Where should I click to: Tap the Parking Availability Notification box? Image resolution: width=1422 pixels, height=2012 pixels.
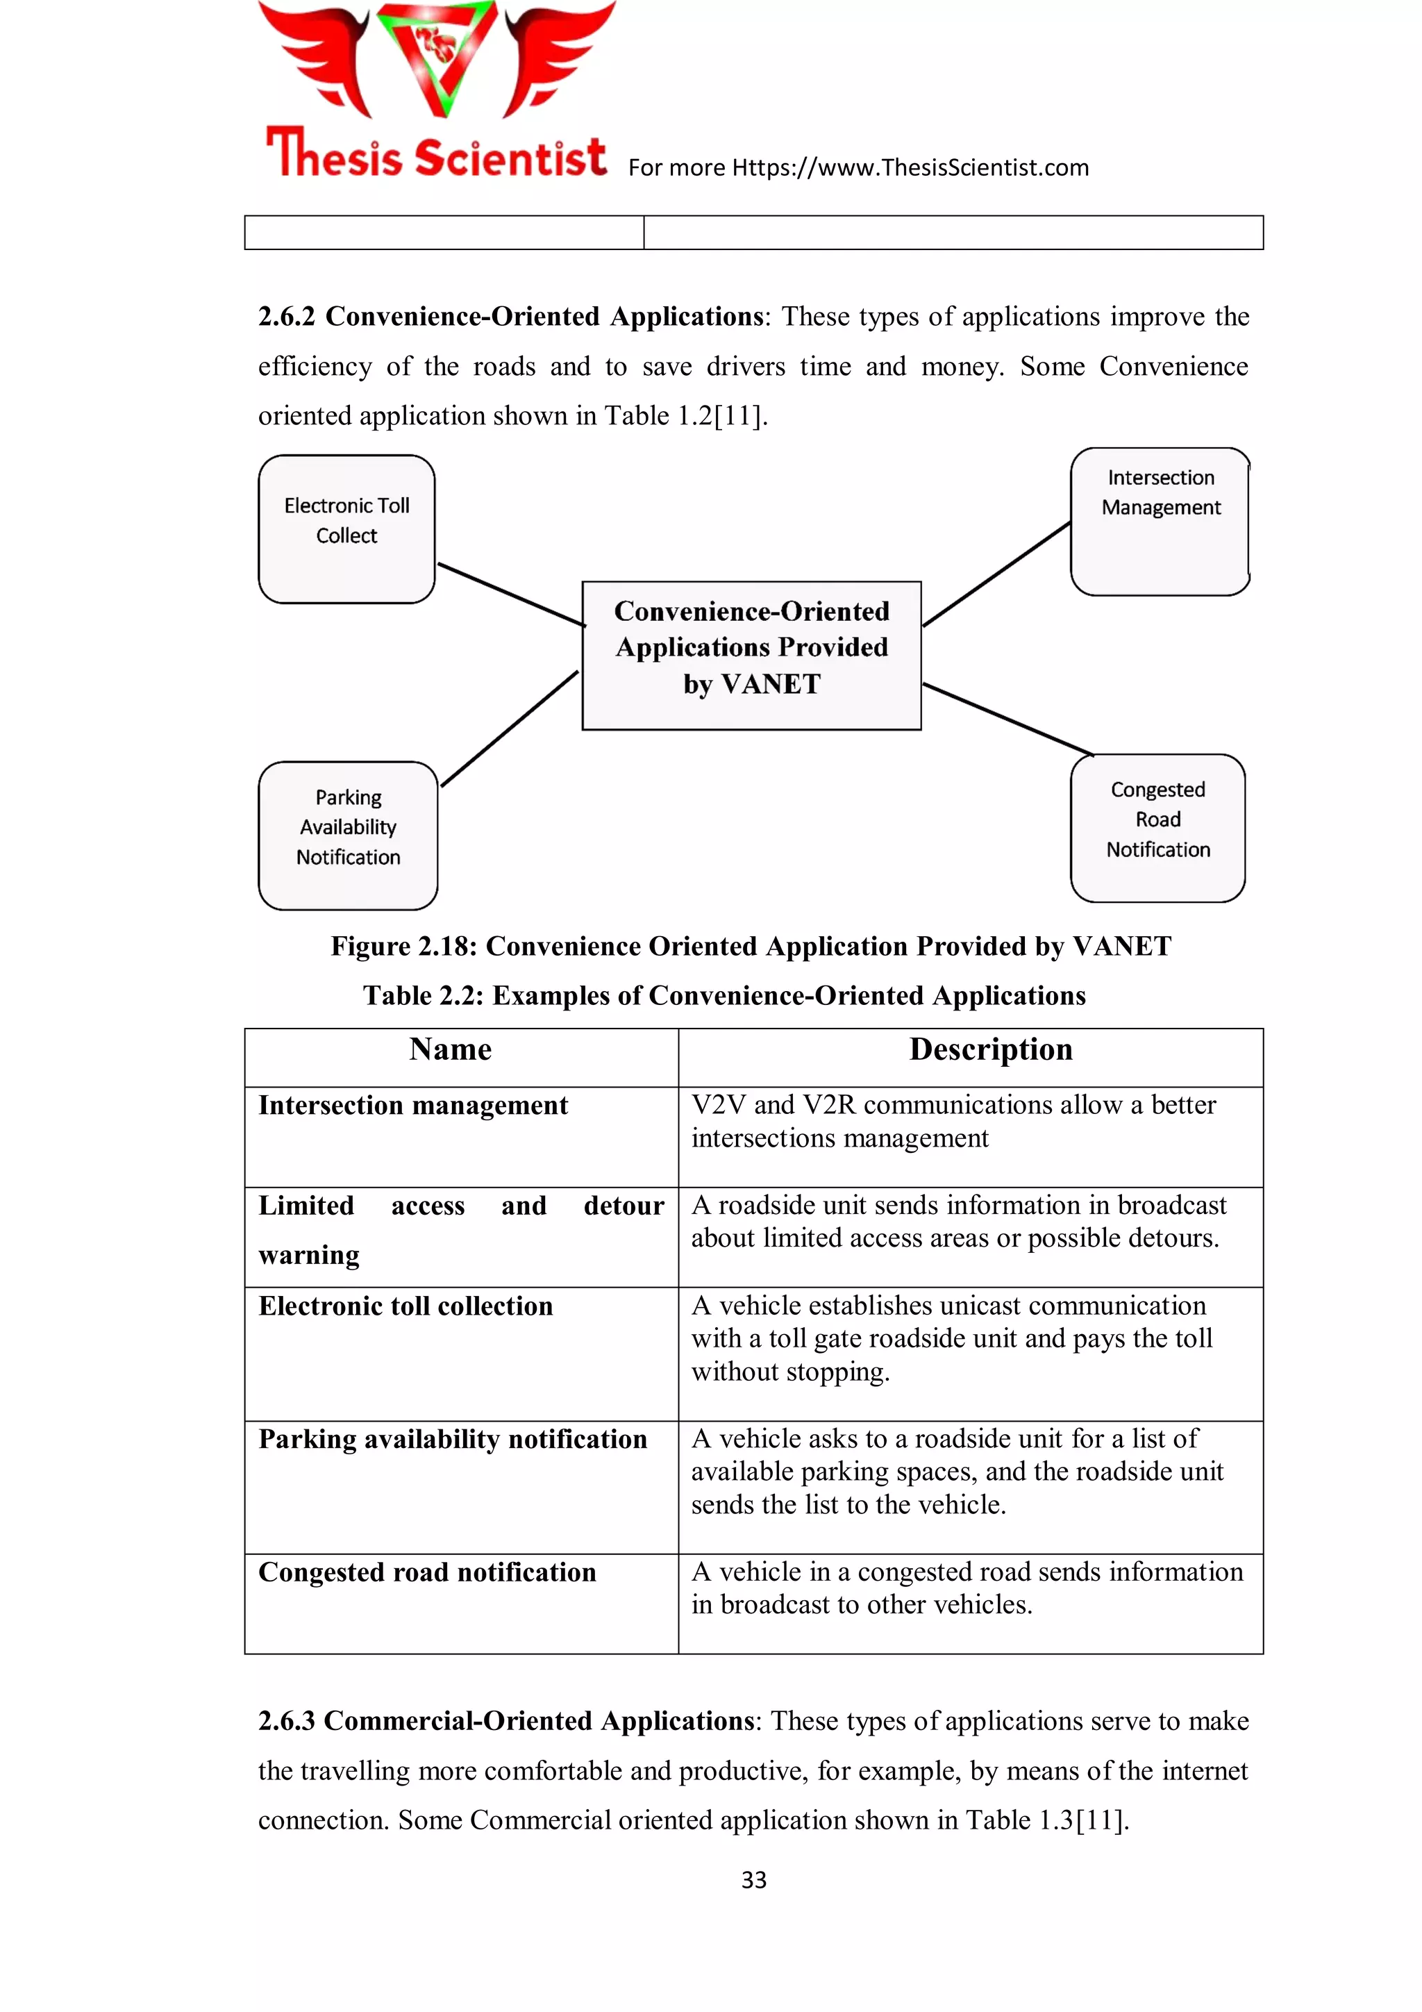tap(348, 834)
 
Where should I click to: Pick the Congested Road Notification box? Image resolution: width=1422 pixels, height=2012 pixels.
tap(1157, 827)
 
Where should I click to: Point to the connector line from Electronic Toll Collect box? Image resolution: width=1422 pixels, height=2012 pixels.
tap(511, 594)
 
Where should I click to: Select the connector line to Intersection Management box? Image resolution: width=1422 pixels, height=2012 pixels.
tap(996, 574)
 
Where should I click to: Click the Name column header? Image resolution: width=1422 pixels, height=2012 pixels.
tap(451, 1049)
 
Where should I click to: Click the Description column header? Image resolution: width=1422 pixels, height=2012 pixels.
tap(990, 1049)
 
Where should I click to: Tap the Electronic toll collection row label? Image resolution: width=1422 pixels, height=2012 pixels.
tap(405, 1306)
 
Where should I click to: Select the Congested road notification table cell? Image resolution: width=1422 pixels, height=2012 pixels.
tap(427, 1572)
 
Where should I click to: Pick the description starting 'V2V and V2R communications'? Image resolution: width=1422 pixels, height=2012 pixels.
tap(953, 1121)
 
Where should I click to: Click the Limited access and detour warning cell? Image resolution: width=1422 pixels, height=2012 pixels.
tap(461, 1229)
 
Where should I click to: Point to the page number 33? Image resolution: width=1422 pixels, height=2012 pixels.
tap(753, 1879)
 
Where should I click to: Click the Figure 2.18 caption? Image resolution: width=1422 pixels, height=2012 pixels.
tap(750, 947)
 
